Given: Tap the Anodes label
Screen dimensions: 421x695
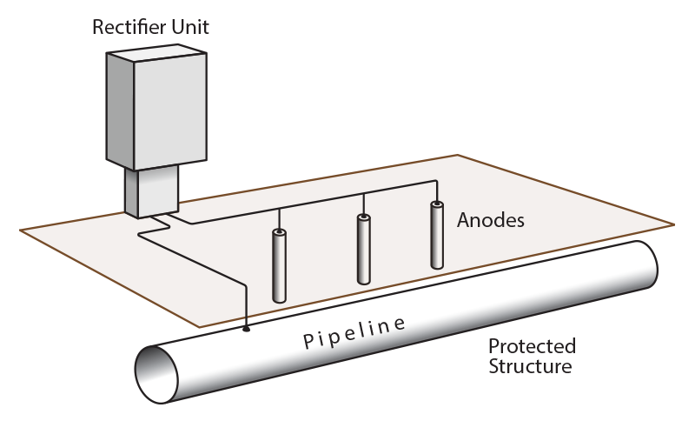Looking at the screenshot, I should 491,220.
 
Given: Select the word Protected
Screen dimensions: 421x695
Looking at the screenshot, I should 532,347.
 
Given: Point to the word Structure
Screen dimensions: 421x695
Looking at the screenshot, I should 530,365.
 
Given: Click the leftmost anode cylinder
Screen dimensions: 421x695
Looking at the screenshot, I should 280,266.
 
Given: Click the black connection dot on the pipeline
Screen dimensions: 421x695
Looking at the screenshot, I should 247,330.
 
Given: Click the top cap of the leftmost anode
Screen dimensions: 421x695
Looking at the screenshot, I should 280,233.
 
